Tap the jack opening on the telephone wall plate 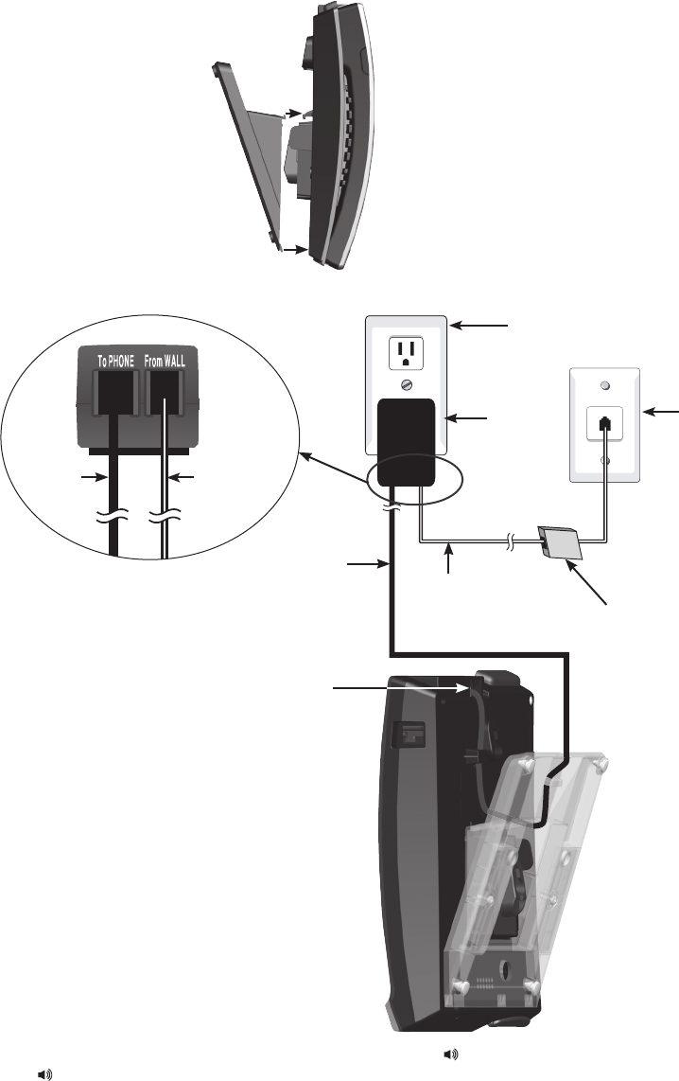click(603, 422)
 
